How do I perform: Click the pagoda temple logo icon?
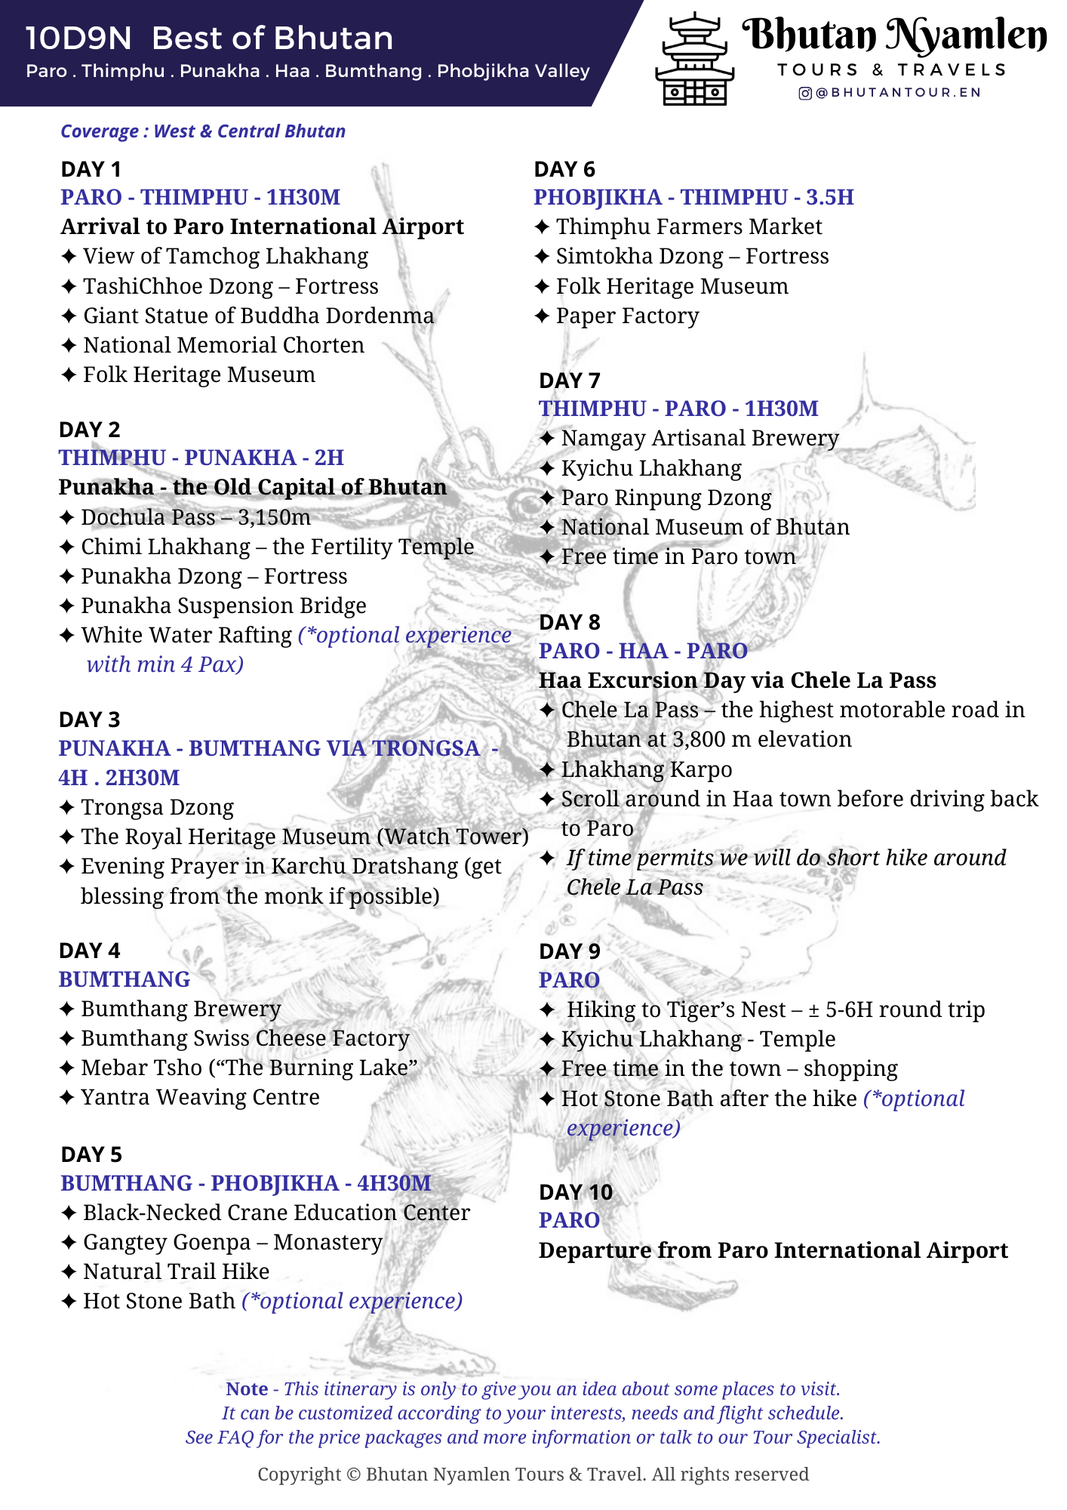point(694,60)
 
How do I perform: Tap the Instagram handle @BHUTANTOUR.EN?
point(890,93)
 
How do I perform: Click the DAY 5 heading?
point(91,1154)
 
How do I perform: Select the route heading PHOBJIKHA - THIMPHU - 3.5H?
point(693,197)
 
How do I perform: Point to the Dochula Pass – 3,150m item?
point(195,517)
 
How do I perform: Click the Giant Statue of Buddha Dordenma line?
point(258,316)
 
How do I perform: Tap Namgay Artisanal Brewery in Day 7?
point(700,438)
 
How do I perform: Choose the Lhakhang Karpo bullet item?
point(646,769)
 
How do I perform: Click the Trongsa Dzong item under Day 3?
point(157,807)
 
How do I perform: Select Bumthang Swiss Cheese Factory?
point(244,1038)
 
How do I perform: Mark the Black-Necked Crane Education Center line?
point(276,1213)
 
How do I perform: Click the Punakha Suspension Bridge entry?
point(223,606)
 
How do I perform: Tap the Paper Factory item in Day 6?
point(627,316)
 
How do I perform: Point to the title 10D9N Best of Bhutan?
point(209,38)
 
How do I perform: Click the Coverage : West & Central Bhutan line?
point(203,131)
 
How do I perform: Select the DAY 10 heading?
point(575,1192)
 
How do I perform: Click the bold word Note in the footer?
point(247,1389)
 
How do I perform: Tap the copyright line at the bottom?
point(533,1474)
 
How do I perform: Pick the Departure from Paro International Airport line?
point(773,1250)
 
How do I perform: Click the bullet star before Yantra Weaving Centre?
point(66,1097)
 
